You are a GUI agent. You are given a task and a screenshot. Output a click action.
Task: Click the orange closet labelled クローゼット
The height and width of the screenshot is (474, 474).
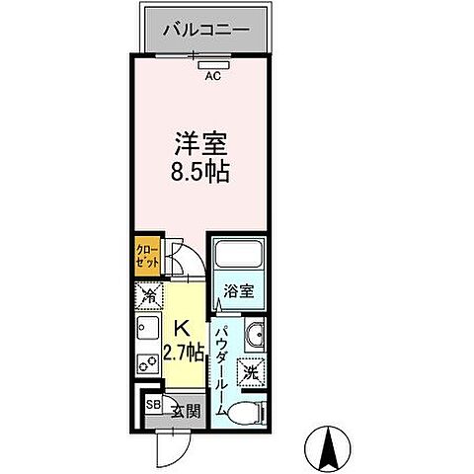[145, 260]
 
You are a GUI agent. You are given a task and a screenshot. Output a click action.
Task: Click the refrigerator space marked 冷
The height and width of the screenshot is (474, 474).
[147, 294]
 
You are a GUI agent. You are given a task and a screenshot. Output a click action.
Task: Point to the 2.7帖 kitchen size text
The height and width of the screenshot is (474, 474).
[185, 352]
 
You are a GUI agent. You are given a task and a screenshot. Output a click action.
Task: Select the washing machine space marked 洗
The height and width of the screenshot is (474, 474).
[252, 372]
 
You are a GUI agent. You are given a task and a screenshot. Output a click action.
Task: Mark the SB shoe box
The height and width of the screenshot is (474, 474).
[153, 405]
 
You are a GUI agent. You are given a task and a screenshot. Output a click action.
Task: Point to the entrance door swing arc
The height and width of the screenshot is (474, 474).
[173, 443]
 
